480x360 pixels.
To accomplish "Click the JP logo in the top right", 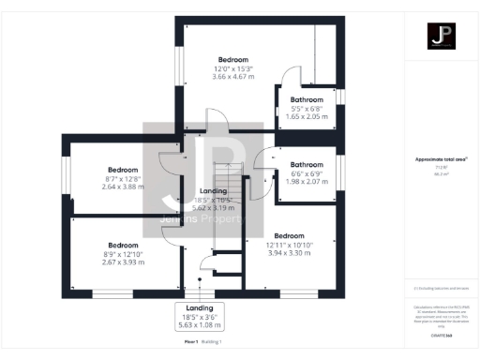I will (x=441, y=37).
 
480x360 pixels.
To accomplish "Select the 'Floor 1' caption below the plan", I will (x=191, y=343).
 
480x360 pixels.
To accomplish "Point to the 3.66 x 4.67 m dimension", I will (x=233, y=76).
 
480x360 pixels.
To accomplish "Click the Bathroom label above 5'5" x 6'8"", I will (x=307, y=99).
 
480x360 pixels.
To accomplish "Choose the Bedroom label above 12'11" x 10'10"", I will (x=290, y=236).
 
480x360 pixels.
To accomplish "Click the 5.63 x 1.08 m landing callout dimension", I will (x=199, y=325).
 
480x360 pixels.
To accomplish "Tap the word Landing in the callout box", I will (x=199, y=307).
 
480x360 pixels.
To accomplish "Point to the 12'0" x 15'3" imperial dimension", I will (x=233, y=67).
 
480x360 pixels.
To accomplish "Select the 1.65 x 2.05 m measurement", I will (x=307, y=116).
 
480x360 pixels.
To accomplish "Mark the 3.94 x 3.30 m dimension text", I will (x=290, y=253).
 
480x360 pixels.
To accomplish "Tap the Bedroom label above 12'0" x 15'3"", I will (x=233, y=58).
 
